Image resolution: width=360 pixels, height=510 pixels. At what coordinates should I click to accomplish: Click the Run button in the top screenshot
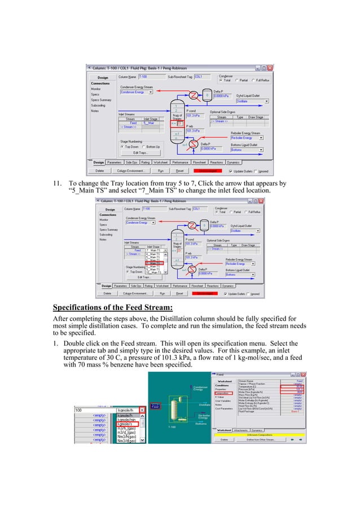pos(161,170)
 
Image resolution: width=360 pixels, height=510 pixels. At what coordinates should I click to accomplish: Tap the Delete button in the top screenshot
pos(99,170)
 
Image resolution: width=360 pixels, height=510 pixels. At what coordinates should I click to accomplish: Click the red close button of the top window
pos(270,68)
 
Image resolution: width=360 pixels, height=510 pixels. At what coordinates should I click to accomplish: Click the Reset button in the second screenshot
pos(179,294)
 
